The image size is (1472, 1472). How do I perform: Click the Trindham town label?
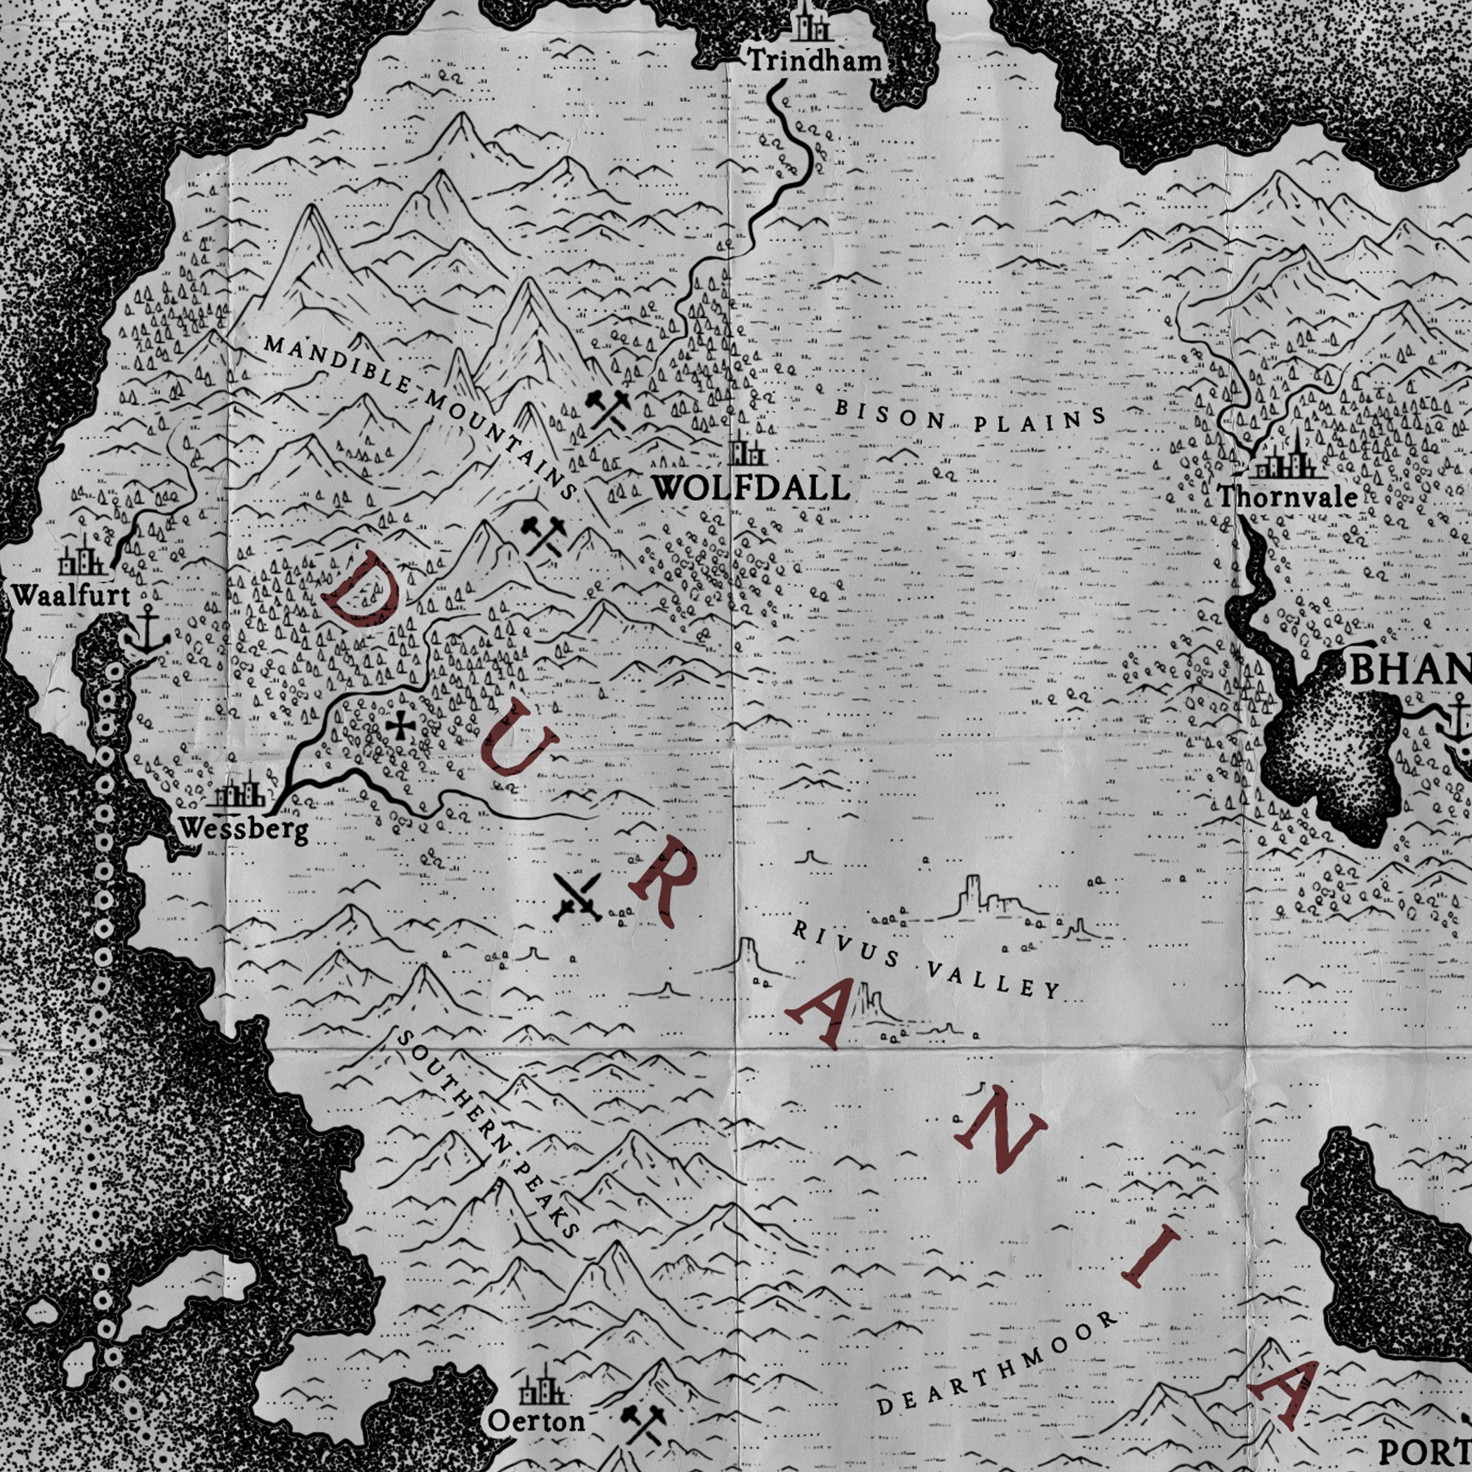[815, 60]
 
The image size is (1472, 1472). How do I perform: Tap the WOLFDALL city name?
[751, 489]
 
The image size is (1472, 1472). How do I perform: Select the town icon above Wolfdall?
[746, 451]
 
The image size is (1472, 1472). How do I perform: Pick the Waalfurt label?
[71, 595]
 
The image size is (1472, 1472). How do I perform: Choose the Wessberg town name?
[244, 829]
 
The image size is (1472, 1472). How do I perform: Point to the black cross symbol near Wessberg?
[397, 727]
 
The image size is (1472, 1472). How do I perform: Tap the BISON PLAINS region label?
[970, 418]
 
